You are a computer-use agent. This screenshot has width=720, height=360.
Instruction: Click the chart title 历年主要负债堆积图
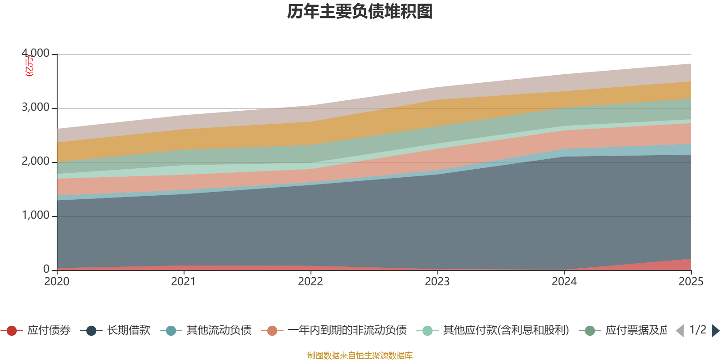pyautogui.click(x=360, y=12)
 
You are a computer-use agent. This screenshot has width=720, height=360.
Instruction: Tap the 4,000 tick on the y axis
pyautogui.click(x=36, y=54)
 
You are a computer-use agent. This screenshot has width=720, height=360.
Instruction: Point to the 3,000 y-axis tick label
pyautogui.click(x=36, y=108)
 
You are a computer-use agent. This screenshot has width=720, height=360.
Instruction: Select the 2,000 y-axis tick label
pyautogui.click(x=36, y=162)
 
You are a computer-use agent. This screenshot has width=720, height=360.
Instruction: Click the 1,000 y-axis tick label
pyautogui.click(x=36, y=216)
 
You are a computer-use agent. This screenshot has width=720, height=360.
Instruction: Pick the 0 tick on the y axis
pyautogui.click(x=46, y=269)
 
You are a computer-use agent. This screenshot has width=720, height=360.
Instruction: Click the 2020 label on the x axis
pyautogui.click(x=57, y=282)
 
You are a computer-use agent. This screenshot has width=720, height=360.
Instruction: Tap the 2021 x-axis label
pyautogui.click(x=184, y=282)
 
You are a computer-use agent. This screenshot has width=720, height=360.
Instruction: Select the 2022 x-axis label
pyautogui.click(x=310, y=282)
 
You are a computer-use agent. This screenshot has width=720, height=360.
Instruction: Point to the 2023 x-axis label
pyautogui.click(x=437, y=282)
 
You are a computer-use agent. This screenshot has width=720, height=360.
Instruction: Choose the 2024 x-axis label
pyautogui.click(x=564, y=282)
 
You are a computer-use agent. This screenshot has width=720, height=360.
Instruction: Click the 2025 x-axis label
pyautogui.click(x=691, y=282)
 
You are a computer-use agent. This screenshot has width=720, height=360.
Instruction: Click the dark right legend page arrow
pyautogui.click(x=715, y=331)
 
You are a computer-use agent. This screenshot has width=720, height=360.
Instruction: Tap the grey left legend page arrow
pyautogui.click(x=680, y=331)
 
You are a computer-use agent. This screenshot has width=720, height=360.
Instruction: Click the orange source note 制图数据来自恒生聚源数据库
pyautogui.click(x=360, y=355)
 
